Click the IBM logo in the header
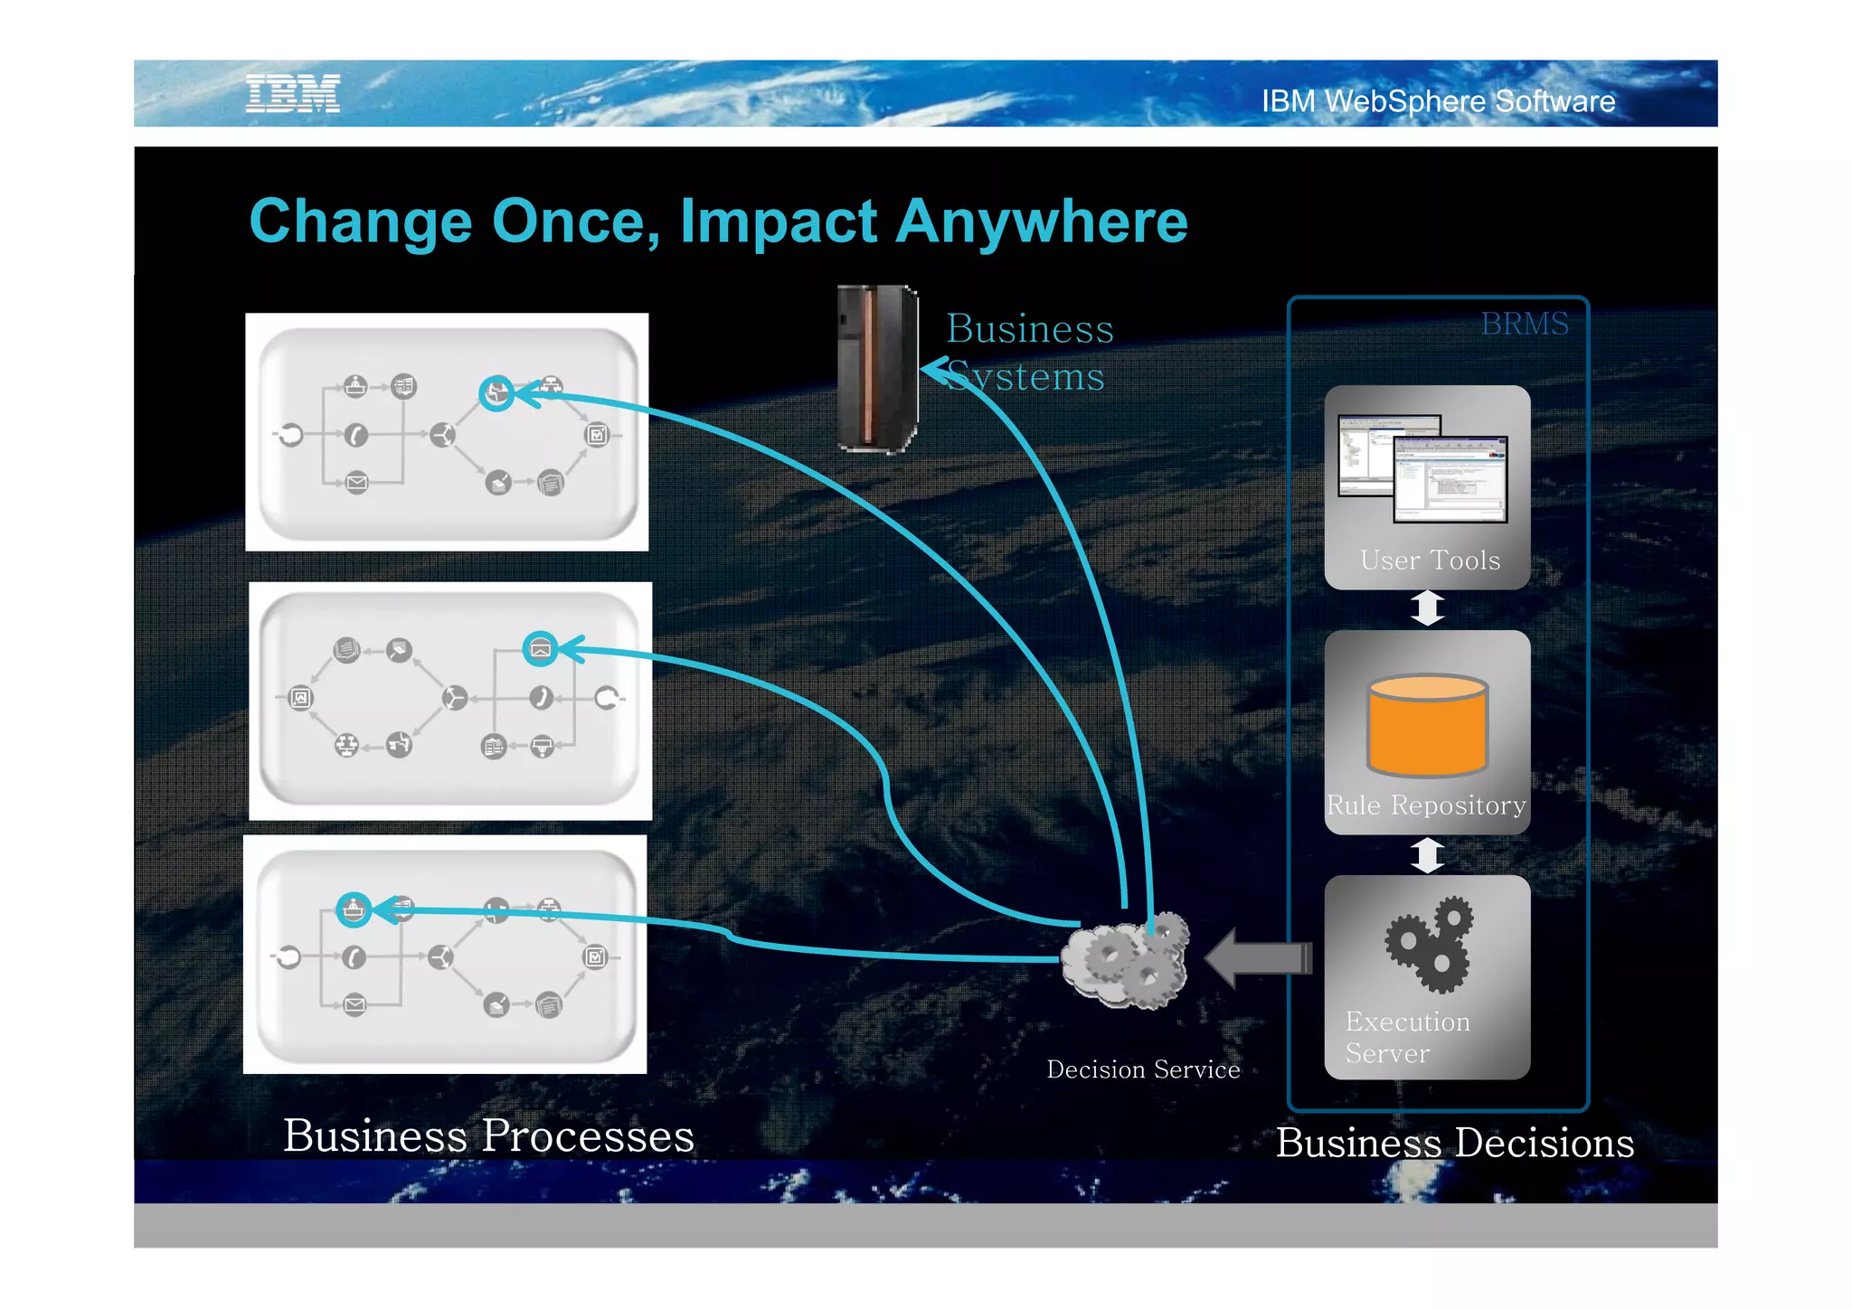(293, 94)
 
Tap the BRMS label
(1524, 324)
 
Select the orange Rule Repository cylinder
(1427, 726)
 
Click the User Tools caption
(1429, 560)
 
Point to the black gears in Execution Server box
(1429, 943)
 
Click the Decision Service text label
(1143, 1069)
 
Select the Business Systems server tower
(875, 368)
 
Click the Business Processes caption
(488, 1135)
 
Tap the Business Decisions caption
(1454, 1143)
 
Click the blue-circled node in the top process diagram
(496, 393)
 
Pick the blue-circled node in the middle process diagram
(540, 649)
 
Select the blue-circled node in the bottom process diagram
(354, 909)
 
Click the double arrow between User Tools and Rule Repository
(1427, 608)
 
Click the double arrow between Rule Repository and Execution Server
(1427, 855)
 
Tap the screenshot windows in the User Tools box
(1423, 468)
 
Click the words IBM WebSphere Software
(1438, 101)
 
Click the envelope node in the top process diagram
(357, 483)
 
